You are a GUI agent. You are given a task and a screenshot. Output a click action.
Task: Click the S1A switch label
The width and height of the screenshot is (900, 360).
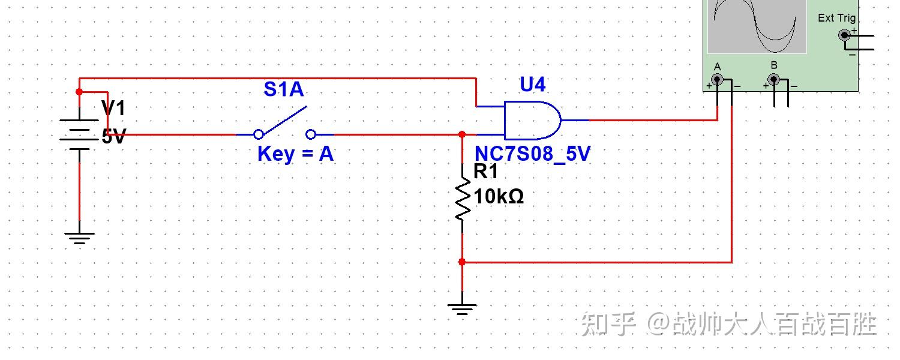[x=284, y=89]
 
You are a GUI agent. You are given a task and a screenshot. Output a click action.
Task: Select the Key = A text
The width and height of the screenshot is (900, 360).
[x=295, y=154]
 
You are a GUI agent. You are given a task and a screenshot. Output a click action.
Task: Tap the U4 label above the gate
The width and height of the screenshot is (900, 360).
[x=532, y=85]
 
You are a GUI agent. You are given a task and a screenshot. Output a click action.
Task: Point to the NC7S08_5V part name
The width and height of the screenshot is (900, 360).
[x=532, y=154]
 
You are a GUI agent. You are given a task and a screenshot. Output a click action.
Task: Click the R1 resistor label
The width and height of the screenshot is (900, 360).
[x=486, y=172]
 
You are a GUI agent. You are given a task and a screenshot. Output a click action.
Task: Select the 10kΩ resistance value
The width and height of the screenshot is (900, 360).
[x=499, y=196]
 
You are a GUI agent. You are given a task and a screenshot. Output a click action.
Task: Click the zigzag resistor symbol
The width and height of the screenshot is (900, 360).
[x=462, y=198]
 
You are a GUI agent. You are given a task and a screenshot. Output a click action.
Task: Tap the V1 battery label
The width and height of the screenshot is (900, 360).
[x=113, y=109]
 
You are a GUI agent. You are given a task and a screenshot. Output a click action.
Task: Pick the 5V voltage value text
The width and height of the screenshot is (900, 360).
[x=113, y=137]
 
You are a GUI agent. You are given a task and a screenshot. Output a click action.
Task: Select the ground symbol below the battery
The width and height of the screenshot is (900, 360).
[x=79, y=238]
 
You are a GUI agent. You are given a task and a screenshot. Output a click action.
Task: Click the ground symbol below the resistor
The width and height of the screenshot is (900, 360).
[x=462, y=309]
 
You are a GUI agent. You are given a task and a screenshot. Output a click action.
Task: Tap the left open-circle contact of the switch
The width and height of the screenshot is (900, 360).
[x=259, y=134]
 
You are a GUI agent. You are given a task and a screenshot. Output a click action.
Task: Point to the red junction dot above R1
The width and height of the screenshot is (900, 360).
[x=462, y=134]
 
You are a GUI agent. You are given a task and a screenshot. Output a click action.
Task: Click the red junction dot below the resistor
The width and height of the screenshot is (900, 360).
[x=462, y=262]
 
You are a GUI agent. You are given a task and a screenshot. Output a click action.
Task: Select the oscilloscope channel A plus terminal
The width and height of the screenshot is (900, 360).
[x=717, y=79]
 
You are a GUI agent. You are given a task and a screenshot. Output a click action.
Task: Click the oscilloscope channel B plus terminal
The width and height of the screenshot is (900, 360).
[x=774, y=79]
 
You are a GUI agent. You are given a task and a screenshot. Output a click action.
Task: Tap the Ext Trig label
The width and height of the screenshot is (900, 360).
[x=836, y=18]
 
